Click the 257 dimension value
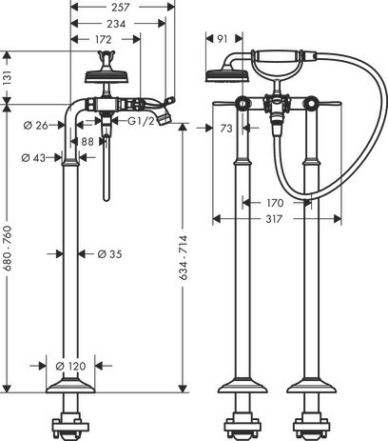pos(121,8)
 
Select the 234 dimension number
pos(116,24)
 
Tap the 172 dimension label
pos(104,40)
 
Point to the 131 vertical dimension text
pos(8,78)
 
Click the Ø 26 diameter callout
pos(35,126)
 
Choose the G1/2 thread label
pos(141,121)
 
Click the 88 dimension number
pos(87,142)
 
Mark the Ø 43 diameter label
pos(33,157)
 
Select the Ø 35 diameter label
pos(109,254)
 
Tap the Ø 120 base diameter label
pos(70,366)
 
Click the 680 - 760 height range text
pos(8,248)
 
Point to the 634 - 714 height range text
pos(183,257)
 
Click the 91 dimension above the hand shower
pos(223,39)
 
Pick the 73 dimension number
pos(226,129)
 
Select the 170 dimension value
pos(275,203)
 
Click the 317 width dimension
pos(274,219)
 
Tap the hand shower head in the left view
pos(107,77)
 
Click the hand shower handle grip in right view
pos(278,56)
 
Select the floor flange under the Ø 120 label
pos(70,386)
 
